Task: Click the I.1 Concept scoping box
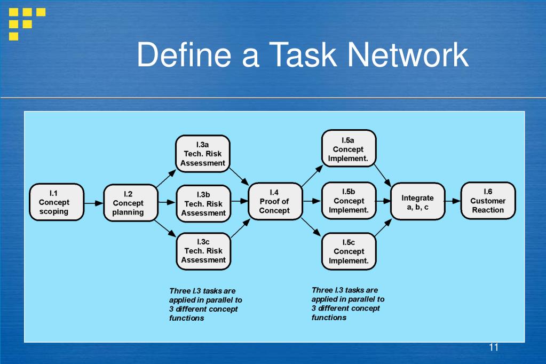[x=57, y=202]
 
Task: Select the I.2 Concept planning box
[x=131, y=203]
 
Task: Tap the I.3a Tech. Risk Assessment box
[x=203, y=154]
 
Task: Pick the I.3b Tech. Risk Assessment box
[x=204, y=203]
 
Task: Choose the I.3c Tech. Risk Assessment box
[x=204, y=251]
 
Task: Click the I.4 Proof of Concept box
[x=275, y=201]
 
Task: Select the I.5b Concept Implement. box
[x=349, y=201]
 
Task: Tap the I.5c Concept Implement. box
[x=349, y=251]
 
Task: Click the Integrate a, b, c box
[x=418, y=201]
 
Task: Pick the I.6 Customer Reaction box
[x=488, y=201]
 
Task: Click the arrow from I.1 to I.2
[x=94, y=203]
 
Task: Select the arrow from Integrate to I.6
[x=453, y=201]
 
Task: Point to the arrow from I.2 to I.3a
[x=166, y=179]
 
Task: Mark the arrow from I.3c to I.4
[x=240, y=228]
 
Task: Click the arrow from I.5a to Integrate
[x=383, y=175]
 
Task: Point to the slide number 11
[x=493, y=347]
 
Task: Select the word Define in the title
[x=184, y=54]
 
